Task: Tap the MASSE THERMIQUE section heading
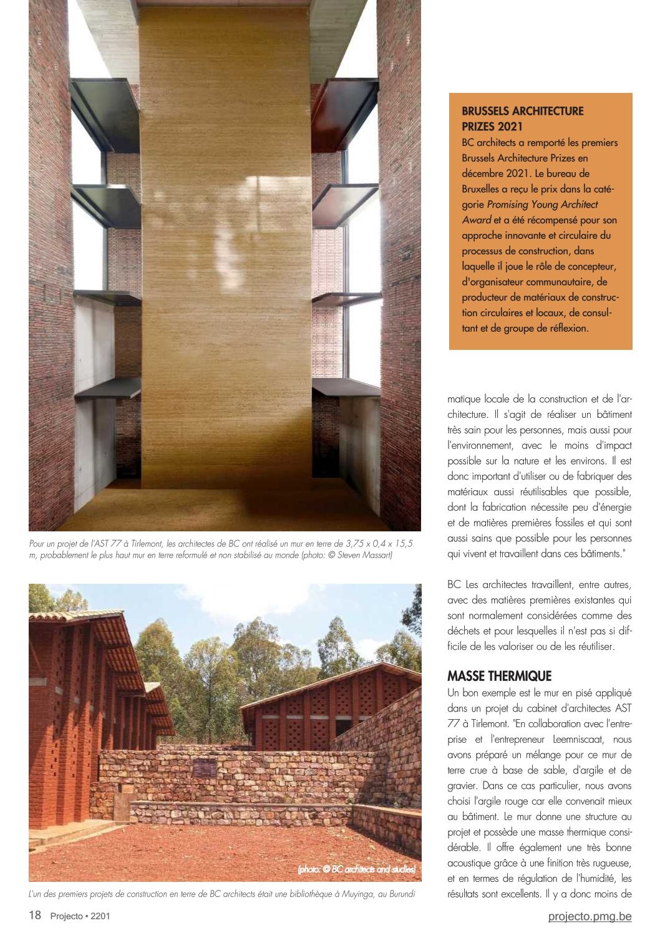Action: [499, 676]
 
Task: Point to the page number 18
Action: [35, 916]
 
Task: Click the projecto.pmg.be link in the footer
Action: [590, 916]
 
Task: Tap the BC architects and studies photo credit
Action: [356, 869]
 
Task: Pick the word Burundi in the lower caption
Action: [399, 894]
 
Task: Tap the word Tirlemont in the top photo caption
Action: [142, 544]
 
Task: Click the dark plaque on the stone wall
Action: [205, 768]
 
